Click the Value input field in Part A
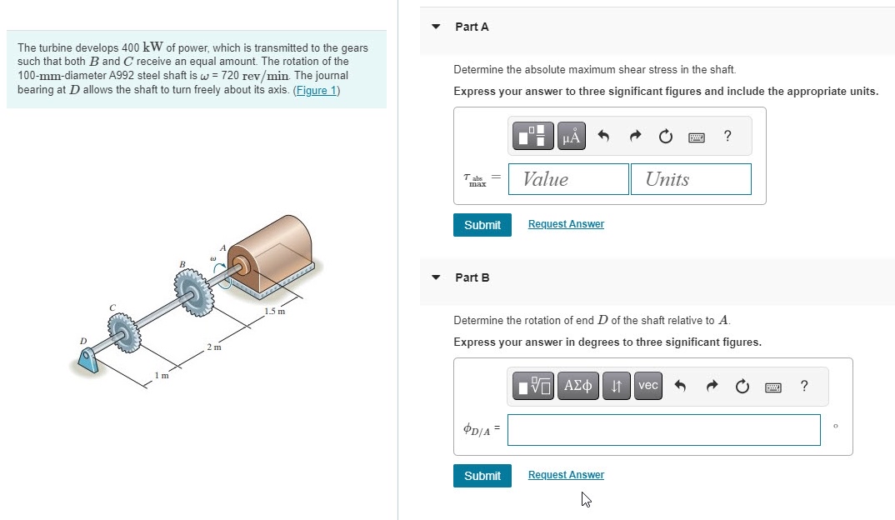point(568,179)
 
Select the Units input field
point(691,179)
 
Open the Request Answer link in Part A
point(566,224)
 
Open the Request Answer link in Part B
point(566,475)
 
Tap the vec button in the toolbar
point(647,385)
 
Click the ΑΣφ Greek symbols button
point(577,385)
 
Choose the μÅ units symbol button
point(571,136)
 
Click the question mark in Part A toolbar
point(727,136)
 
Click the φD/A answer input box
point(663,430)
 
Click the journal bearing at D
point(87,360)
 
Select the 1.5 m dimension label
point(275,312)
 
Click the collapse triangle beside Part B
point(435,277)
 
